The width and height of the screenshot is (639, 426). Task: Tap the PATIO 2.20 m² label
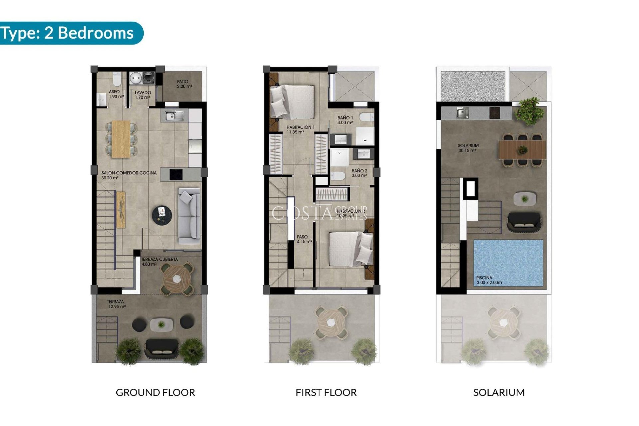click(x=184, y=84)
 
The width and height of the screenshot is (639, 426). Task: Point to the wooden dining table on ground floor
click(x=121, y=139)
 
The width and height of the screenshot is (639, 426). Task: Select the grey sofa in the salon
click(x=190, y=216)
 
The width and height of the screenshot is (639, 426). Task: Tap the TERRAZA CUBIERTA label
click(x=159, y=259)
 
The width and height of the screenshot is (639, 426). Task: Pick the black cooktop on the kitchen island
click(x=176, y=174)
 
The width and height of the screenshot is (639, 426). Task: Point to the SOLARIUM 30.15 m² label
click(x=468, y=148)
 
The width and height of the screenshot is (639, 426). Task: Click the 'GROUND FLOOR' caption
click(x=155, y=392)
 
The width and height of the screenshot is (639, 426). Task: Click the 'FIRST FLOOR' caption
click(x=326, y=392)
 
